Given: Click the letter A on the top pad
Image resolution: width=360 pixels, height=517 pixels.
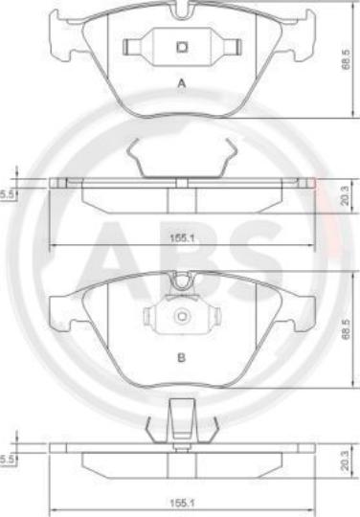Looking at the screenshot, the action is tap(182, 83).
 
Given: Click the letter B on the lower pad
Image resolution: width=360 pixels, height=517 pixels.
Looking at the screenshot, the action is tap(181, 357).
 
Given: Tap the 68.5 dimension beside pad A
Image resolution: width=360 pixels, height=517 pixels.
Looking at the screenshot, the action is tap(346, 60).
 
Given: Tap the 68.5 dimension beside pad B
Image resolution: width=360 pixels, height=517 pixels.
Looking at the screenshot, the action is tap(346, 330).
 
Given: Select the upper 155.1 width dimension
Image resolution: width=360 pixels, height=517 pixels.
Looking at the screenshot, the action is tap(182, 238).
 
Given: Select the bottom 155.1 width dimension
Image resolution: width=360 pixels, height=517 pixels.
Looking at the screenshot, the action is tap(182, 504).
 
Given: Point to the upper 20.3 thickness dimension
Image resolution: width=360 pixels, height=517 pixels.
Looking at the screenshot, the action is tap(345, 196).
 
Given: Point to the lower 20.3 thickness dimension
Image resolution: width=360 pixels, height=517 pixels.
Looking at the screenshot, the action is tap(345, 461).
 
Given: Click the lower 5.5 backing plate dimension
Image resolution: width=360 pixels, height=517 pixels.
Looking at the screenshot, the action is tap(7, 460).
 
